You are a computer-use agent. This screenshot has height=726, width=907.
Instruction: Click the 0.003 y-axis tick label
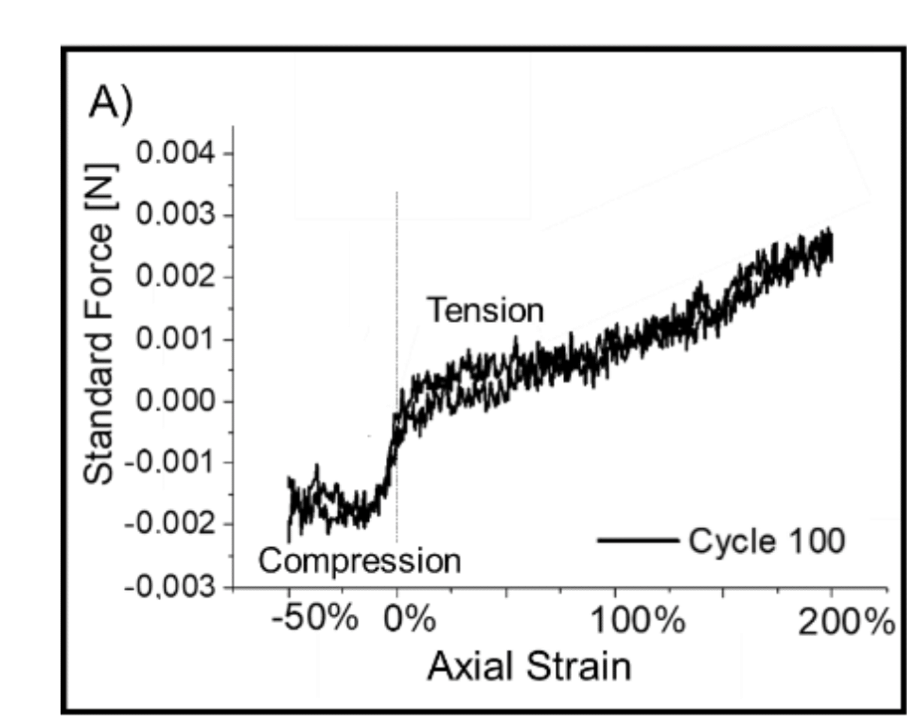(x=175, y=215)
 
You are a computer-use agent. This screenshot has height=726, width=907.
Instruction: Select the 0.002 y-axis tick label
(x=175, y=277)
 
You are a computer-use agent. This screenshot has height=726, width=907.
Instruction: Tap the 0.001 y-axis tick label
(x=175, y=339)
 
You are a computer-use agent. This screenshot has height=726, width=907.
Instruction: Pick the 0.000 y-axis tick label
(x=175, y=401)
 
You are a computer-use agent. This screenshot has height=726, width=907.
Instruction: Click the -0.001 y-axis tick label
(x=170, y=462)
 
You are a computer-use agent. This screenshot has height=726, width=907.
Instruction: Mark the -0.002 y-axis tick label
(x=170, y=525)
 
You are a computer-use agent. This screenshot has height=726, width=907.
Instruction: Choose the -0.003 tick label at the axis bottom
(x=170, y=587)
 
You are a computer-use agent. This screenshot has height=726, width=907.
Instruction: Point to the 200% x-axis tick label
(x=846, y=623)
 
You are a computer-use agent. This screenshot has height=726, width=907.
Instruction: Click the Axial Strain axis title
(x=529, y=667)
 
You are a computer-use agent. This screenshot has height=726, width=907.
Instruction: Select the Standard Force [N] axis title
(x=99, y=324)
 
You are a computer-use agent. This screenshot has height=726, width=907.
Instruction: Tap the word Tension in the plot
(x=485, y=311)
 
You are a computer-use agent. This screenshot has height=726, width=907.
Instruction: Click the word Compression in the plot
(x=359, y=561)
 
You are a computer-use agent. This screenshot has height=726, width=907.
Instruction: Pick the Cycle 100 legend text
(x=767, y=541)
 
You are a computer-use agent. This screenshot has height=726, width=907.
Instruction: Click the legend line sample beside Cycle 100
(x=637, y=540)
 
